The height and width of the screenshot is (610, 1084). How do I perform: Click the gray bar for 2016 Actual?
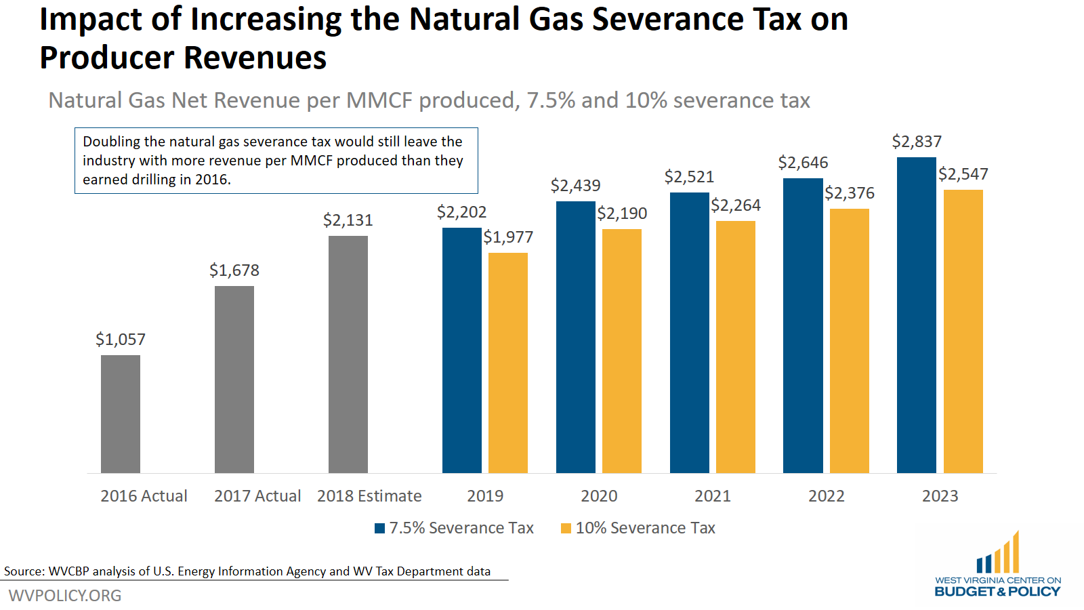(x=121, y=413)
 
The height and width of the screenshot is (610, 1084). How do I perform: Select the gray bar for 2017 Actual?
(x=234, y=380)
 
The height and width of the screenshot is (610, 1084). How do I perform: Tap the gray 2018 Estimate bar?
(x=348, y=354)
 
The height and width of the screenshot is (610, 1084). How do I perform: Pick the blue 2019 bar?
(x=461, y=350)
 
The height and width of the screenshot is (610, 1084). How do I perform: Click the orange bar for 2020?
(x=622, y=350)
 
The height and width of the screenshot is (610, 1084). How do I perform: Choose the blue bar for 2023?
(x=917, y=314)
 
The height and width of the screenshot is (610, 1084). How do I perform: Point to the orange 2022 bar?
(x=850, y=340)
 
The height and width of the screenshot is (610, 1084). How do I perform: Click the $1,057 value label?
(x=121, y=339)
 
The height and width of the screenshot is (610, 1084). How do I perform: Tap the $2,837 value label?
(x=917, y=142)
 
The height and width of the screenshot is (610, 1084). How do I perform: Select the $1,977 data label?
(x=508, y=237)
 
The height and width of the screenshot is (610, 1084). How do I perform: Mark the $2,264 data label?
(x=736, y=205)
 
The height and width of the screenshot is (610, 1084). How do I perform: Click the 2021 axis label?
(x=713, y=496)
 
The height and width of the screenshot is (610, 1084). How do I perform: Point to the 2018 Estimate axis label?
(x=369, y=496)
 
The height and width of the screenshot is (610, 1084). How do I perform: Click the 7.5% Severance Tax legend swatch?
(x=380, y=528)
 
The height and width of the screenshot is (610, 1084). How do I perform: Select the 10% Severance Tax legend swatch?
(x=566, y=528)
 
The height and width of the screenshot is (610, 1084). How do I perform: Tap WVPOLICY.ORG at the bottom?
(x=65, y=595)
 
